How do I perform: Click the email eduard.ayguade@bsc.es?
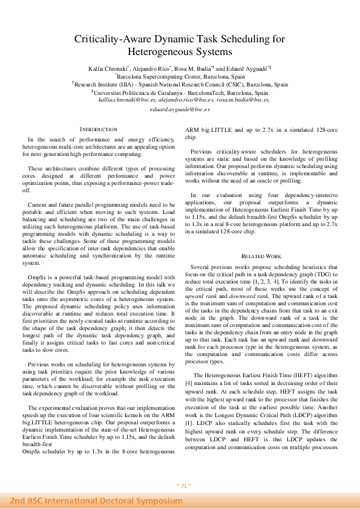coord(180,109)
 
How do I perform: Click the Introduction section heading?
coord(99,129)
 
